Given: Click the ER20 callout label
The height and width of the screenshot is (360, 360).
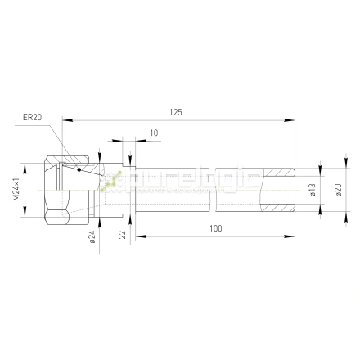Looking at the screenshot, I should click(x=32, y=117).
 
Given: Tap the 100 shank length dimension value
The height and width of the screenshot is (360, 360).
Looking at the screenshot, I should click(x=214, y=228).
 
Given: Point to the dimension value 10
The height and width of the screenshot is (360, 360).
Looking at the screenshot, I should click(x=154, y=133).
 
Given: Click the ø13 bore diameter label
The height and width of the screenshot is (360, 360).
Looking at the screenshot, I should click(x=313, y=191).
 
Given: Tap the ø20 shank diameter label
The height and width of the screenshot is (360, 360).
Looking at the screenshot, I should click(x=339, y=191).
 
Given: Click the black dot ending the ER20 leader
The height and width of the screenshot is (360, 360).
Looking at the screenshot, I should click(x=79, y=170).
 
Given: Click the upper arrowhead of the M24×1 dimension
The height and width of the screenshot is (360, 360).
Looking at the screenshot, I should click(x=25, y=162).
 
